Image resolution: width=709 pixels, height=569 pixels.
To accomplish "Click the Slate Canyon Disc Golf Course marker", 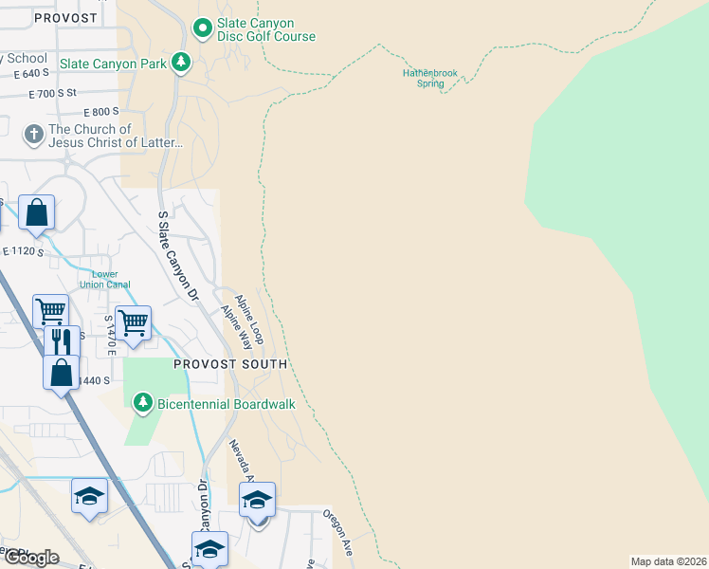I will click(202, 29).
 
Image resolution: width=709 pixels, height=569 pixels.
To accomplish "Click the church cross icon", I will click(33, 133).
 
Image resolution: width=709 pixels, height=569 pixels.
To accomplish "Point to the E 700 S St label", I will click(65, 94).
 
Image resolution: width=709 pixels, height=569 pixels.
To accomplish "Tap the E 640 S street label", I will click(31, 73).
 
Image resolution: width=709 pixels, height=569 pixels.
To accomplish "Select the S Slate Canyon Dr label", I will click(179, 256).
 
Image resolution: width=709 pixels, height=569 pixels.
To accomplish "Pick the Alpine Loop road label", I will click(251, 318).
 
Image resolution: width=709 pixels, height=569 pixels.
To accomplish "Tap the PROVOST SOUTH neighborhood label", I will click(230, 364).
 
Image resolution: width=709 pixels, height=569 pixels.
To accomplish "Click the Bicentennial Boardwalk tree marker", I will click(143, 404).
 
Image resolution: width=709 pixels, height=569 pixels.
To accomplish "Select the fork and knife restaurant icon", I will click(62, 340).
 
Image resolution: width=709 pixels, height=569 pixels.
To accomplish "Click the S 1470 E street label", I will click(110, 336).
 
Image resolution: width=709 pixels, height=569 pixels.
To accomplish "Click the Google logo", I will click(31, 558).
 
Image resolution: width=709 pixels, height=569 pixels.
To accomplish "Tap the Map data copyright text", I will click(669, 561).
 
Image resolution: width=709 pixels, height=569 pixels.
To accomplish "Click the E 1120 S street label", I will click(24, 251).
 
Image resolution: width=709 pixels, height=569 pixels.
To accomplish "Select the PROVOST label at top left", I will click(64, 18).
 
